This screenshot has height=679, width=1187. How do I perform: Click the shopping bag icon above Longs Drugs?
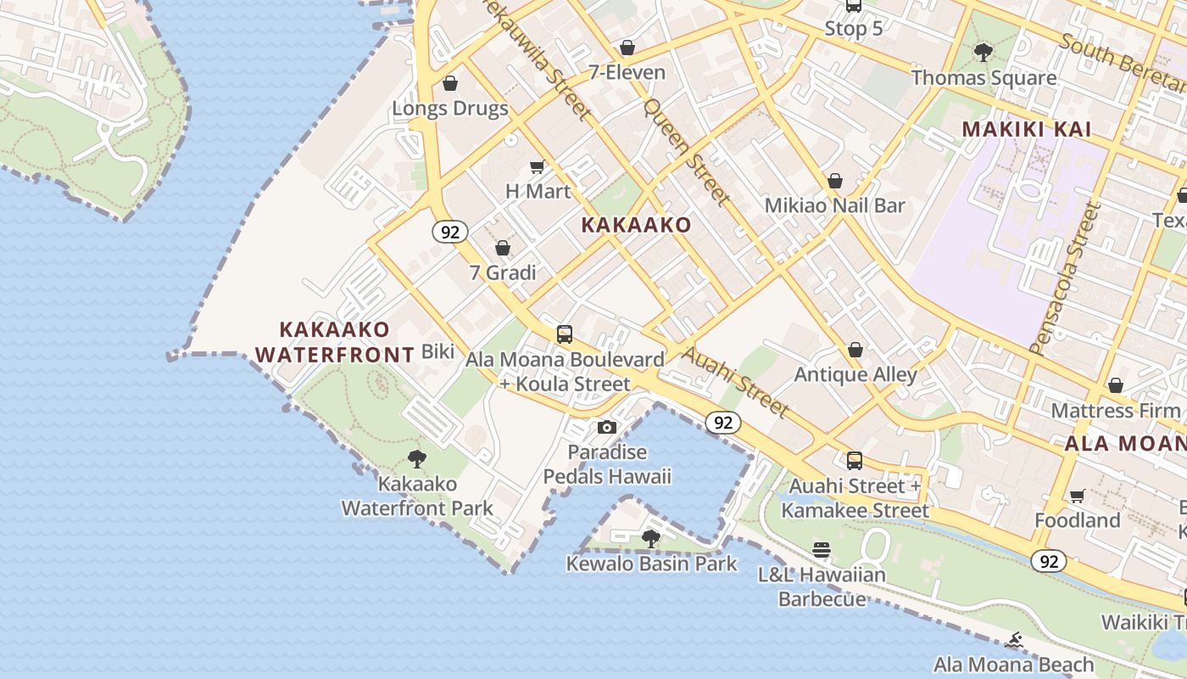point(450,83)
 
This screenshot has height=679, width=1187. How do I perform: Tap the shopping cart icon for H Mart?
point(537,166)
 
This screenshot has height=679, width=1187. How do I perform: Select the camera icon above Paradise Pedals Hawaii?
point(606,427)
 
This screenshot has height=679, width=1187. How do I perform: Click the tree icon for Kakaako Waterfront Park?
point(416,459)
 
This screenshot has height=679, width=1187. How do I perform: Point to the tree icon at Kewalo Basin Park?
point(650,538)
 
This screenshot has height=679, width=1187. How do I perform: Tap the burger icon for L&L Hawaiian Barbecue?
point(821,550)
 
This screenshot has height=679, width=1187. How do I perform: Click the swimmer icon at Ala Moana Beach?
point(1013,639)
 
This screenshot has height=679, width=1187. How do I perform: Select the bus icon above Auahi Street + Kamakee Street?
point(855,461)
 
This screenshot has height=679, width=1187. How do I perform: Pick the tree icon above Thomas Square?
point(984,53)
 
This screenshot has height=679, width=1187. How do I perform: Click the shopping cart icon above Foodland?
point(1077,496)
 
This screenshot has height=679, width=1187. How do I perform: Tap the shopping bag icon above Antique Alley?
point(855,350)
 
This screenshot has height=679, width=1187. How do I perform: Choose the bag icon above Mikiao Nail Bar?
point(835,181)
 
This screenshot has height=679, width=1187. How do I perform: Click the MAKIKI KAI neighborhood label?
point(1026,130)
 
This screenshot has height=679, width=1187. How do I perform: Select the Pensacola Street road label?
point(1064,278)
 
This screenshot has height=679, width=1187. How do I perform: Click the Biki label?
point(437,351)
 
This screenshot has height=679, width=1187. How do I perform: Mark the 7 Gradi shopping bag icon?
point(503,248)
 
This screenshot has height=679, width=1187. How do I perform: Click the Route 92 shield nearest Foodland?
point(1049,561)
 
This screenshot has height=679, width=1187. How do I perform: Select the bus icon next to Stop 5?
point(854,6)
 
